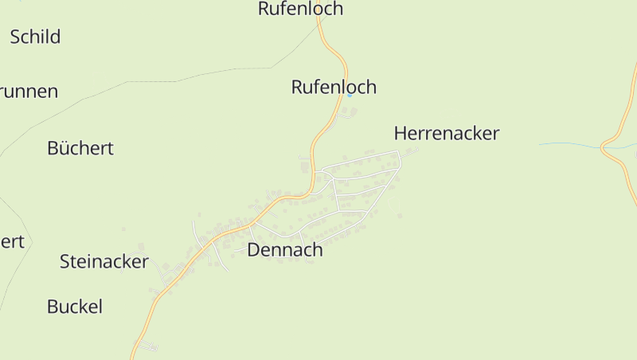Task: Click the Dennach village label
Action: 285,250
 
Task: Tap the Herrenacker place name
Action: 446,133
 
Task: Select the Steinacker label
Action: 104,261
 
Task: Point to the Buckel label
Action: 75,307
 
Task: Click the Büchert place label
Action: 80,148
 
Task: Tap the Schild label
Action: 35,37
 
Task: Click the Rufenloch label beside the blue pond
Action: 334,88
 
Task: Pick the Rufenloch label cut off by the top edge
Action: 301,9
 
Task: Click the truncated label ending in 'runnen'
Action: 29,92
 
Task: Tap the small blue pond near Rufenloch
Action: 350,96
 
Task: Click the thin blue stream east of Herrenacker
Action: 569,145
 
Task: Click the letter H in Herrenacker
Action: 401,133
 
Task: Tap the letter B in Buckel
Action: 53,307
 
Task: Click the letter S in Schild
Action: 15,37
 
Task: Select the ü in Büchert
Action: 63,148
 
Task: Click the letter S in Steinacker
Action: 65,261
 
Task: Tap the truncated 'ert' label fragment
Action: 12,241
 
